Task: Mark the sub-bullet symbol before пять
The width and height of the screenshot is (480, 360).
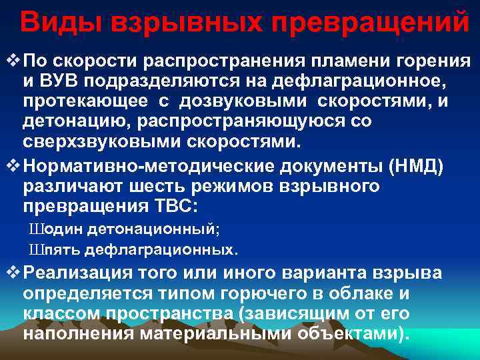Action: (35, 251)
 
